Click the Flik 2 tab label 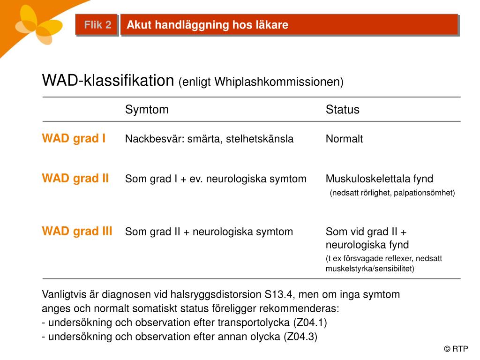coord(97,25)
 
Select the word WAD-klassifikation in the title coord(108,81)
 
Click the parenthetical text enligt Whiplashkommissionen coord(261,82)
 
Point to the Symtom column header coord(147,110)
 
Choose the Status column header coord(343,110)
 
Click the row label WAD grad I coord(74,138)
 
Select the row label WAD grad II coord(75,178)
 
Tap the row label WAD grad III coord(77,231)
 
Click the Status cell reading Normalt coord(345,139)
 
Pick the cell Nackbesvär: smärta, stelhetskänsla coord(209,139)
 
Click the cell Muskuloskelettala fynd coord(379,179)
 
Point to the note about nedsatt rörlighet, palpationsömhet coord(392,193)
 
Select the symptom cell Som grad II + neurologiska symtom coord(209,232)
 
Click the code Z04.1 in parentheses coord(309,322)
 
